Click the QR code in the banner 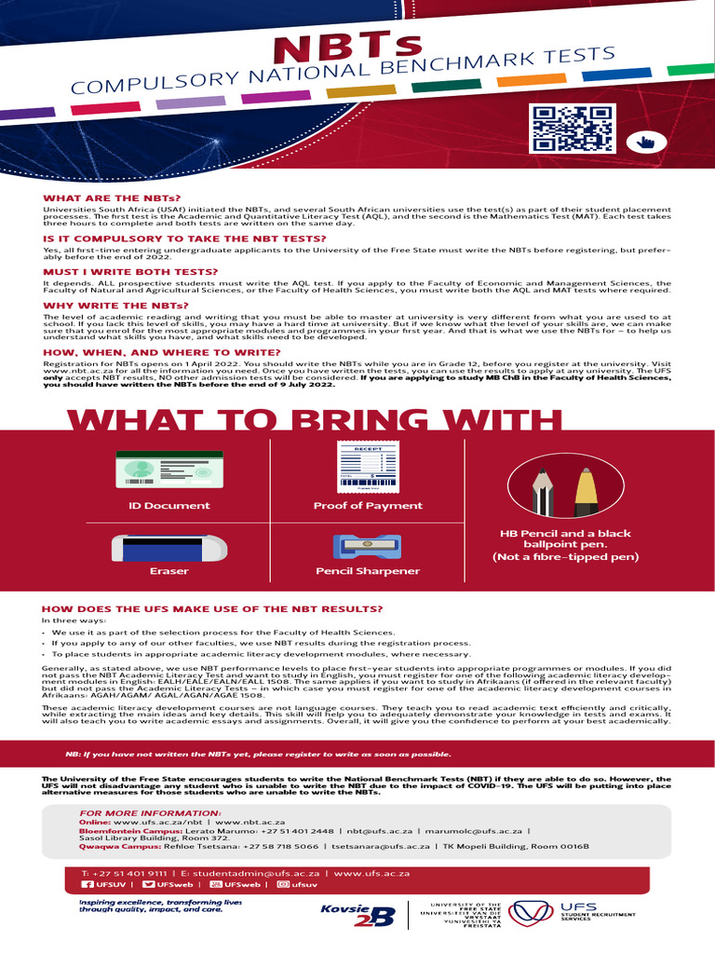pos(571,129)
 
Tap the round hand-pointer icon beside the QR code pos(641,142)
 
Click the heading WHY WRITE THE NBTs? pos(115,306)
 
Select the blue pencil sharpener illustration pos(367,547)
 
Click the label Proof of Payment pos(368,506)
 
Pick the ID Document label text pos(169,506)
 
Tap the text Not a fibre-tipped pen pos(565,557)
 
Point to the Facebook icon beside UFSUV pos(88,884)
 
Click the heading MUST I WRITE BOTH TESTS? pos(131,272)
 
